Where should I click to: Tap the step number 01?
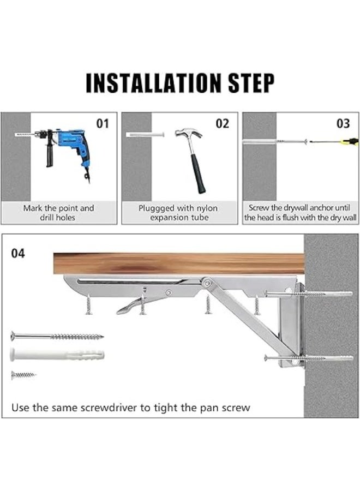[x=103, y=124]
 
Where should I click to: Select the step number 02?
[x=223, y=124]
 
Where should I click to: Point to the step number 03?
[x=343, y=124]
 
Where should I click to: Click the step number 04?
[x=18, y=254]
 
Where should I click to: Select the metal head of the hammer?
[x=188, y=134]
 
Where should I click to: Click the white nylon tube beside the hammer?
[x=145, y=134]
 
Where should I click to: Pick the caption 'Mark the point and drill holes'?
[x=58, y=213]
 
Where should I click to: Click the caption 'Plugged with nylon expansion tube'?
[x=178, y=213]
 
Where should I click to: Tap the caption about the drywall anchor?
[x=301, y=213]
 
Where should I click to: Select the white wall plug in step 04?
[x=57, y=355]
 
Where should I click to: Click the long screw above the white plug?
[x=57, y=337]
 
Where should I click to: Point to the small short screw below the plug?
[x=23, y=375]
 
